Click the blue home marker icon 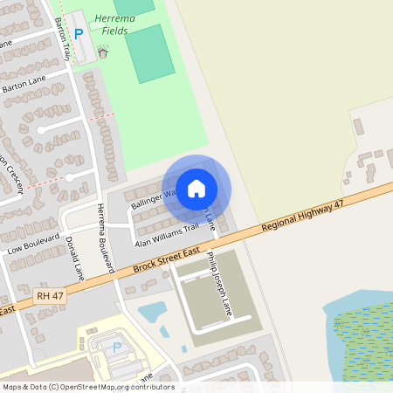196,188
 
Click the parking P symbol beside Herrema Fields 79,34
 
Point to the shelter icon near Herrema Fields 102,52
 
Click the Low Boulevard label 32,243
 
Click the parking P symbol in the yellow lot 117,347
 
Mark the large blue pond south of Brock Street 152,311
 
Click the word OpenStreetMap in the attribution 96,386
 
